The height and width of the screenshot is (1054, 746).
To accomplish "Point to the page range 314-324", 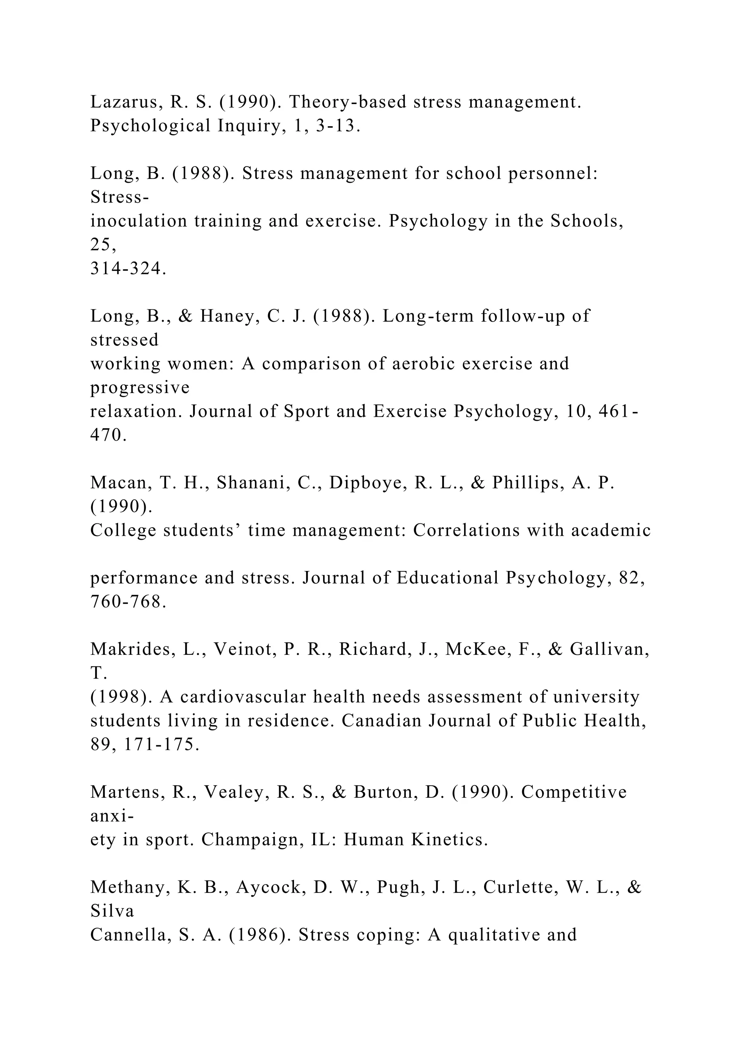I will (128, 269).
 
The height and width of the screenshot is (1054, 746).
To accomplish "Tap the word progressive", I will (140, 388).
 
